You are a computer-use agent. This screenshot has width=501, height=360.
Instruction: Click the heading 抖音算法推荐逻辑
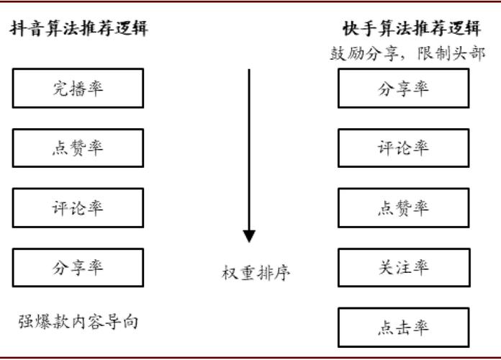(x=78, y=29)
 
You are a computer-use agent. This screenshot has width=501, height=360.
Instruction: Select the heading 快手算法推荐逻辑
(x=412, y=29)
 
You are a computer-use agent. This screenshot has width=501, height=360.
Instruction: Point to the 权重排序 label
(x=256, y=273)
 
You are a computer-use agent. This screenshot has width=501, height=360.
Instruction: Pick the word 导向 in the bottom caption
(x=122, y=321)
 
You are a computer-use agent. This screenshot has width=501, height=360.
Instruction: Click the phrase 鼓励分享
(x=364, y=53)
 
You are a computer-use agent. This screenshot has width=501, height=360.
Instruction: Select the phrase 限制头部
(x=451, y=53)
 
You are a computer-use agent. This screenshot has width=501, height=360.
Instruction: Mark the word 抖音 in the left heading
(x=27, y=29)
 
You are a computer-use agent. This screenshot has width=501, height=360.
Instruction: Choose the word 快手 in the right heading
(x=360, y=29)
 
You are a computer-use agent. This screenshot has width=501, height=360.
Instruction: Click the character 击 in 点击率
(x=404, y=328)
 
